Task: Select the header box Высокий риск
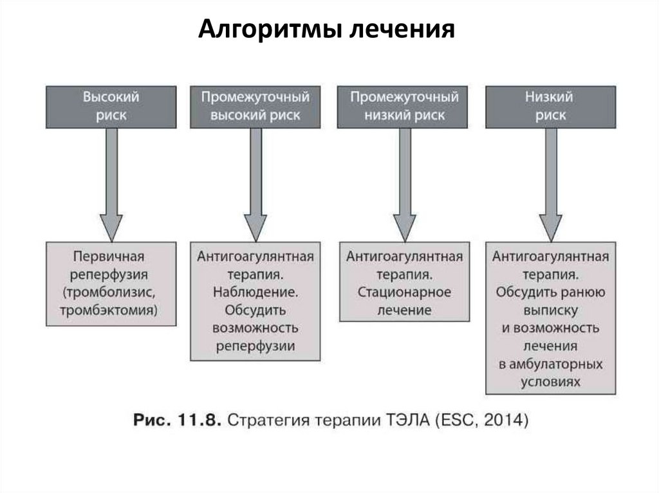click(x=111, y=106)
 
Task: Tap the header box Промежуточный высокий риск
click(x=255, y=106)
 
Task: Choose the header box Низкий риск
click(x=550, y=106)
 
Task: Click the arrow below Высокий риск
click(x=111, y=186)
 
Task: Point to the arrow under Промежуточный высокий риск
click(x=255, y=186)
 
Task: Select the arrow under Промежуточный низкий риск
click(x=404, y=186)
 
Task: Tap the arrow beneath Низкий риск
click(x=550, y=186)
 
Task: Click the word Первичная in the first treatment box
click(x=109, y=257)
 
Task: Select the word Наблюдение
click(x=255, y=292)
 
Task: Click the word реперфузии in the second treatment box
click(x=255, y=346)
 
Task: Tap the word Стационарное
click(x=404, y=292)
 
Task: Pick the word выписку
click(x=550, y=310)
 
